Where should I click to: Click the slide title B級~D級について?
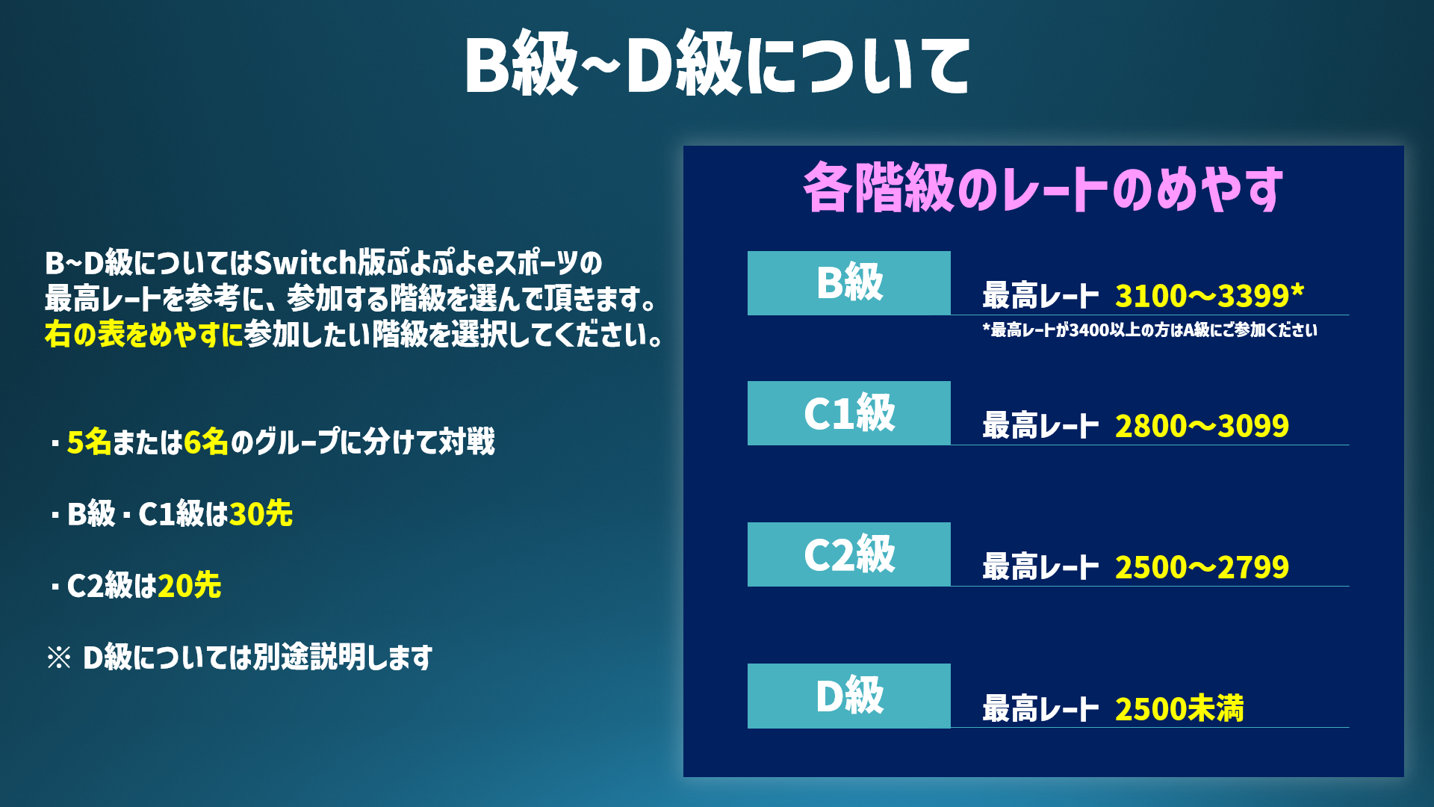[717, 64]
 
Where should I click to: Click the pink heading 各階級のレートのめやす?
[1043, 188]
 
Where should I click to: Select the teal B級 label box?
[849, 283]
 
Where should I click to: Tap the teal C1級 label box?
[849, 413]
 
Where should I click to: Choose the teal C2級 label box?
[849, 554]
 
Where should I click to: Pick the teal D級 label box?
[849, 696]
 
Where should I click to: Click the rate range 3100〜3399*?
[1209, 296]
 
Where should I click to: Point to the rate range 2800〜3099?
[1202, 426]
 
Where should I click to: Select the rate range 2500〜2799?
[1202, 567]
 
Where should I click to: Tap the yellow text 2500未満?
[1179, 708]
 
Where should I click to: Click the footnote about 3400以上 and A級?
[1150, 330]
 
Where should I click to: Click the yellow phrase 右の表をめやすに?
[144, 334]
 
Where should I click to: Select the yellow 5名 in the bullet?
[89, 442]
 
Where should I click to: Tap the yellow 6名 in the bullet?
[205, 442]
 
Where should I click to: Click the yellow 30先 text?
[261, 513]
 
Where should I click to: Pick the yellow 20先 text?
[189, 585]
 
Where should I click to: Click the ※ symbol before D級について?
[59, 658]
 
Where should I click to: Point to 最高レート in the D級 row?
[1040, 708]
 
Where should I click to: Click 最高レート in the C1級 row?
[1040, 426]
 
